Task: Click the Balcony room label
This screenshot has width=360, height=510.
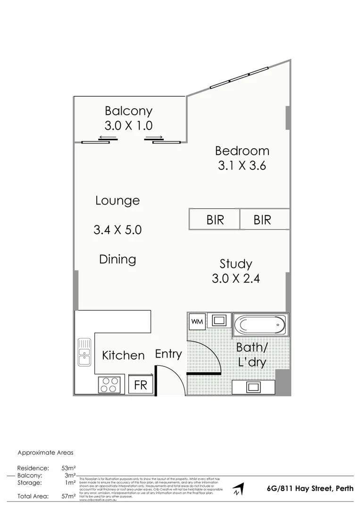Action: tap(128, 111)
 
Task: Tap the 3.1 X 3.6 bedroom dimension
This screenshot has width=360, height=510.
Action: tap(242, 166)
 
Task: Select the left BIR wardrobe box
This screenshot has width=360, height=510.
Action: tap(215, 220)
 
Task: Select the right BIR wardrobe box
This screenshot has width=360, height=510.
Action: tap(262, 220)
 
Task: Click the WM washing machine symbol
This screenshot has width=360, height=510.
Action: tap(196, 322)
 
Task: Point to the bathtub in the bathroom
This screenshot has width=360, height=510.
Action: tap(260, 325)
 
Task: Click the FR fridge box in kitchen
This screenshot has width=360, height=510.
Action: tap(141, 384)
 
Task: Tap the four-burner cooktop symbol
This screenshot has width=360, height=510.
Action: tap(110, 384)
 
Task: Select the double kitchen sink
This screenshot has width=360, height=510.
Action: tap(85, 353)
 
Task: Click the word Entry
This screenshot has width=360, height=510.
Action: tap(168, 354)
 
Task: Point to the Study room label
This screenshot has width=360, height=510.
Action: tap(235, 263)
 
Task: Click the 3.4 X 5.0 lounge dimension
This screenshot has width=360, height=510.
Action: tap(117, 230)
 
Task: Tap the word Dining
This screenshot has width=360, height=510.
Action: tap(117, 259)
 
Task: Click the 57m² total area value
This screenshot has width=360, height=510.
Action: tap(69, 496)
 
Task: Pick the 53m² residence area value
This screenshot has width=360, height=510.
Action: tap(69, 468)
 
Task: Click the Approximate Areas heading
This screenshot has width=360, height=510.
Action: tap(45, 452)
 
